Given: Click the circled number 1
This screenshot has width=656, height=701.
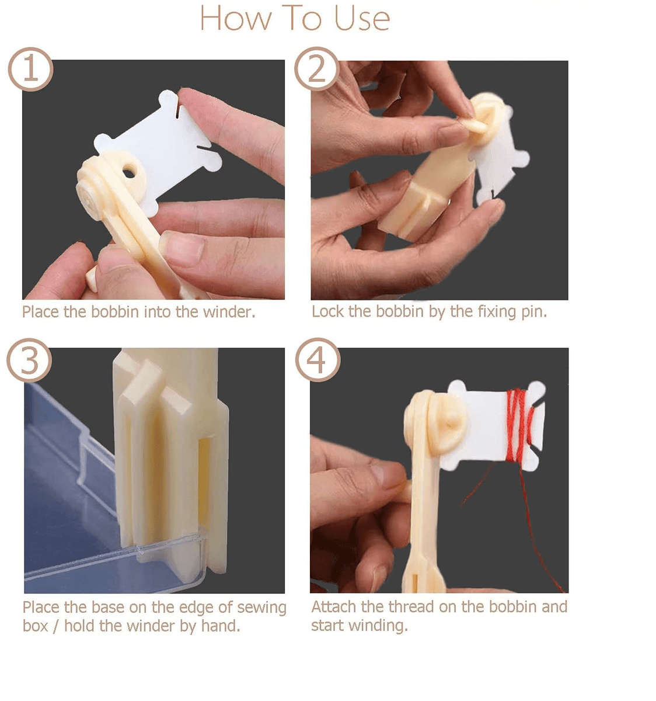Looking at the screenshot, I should click(30, 70).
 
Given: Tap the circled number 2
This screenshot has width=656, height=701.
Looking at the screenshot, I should click(316, 70).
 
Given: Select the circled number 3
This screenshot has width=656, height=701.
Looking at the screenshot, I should click(29, 360).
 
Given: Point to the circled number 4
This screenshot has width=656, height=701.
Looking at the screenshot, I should click(317, 360).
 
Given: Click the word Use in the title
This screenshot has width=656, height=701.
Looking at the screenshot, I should click(361, 19).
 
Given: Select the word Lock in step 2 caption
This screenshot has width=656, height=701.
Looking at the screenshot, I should click(327, 311).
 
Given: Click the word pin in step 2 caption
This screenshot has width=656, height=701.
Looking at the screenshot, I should click(533, 312).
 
